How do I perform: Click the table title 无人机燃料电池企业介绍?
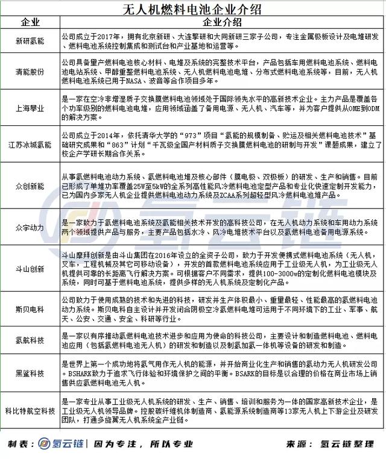(x=192, y=9)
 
